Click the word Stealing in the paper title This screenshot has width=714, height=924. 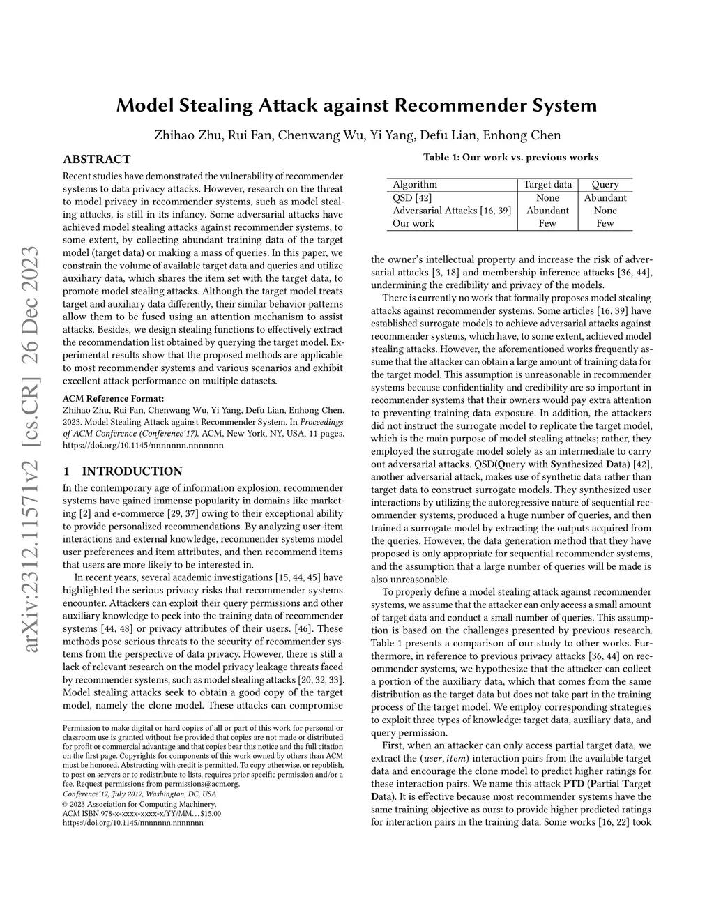[x=219, y=106]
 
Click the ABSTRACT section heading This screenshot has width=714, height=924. [x=97, y=160]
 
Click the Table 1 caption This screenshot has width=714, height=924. [x=510, y=157]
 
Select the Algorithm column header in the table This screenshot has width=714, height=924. [x=415, y=185]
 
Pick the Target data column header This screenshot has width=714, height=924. [x=547, y=185]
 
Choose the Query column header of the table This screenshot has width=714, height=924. [x=605, y=185]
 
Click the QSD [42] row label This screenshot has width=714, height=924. [x=413, y=197]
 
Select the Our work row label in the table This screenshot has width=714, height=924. [x=413, y=223]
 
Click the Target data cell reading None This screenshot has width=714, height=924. [x=547, y=197]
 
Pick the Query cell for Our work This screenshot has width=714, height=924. [x=605, y=223]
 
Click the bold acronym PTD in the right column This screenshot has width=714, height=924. [x=573, y=784]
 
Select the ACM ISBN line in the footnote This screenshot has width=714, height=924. [x=142, y=813]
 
